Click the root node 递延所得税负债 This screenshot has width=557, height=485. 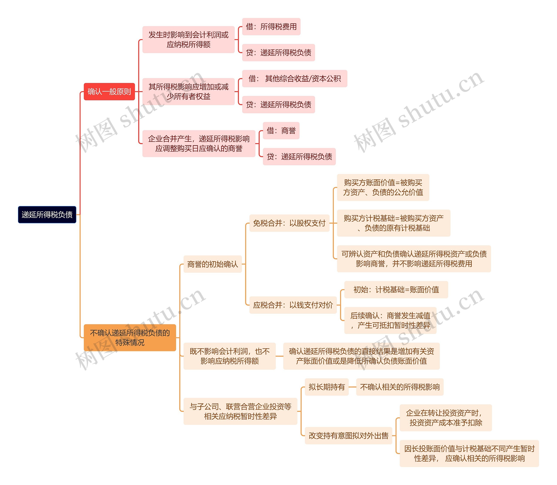coord(47,215)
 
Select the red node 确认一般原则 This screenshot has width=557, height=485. coord(109,92)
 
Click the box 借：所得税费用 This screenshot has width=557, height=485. coord(271,27)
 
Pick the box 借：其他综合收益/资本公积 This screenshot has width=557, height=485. coord(294,79)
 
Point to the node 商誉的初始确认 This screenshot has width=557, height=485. coord(212,264)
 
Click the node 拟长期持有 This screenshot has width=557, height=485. coord(327,387)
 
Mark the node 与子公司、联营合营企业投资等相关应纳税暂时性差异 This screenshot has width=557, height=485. coord(240,411)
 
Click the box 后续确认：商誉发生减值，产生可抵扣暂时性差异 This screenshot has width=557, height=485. coord(390,320)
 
